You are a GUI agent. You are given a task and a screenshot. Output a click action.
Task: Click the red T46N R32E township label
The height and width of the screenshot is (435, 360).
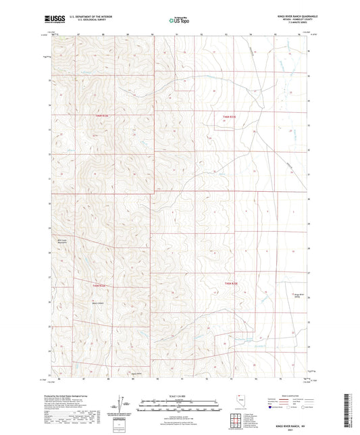click(101, 116)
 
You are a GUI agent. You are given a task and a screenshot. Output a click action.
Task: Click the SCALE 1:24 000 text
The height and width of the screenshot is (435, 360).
click(180, 395)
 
